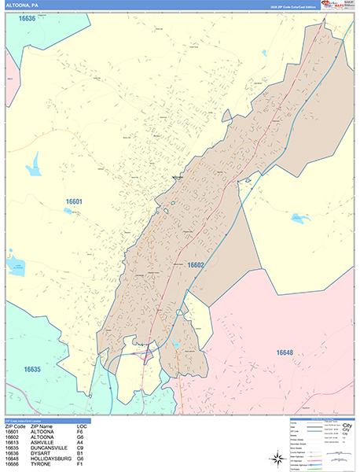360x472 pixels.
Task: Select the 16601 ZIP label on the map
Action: coord(74,201)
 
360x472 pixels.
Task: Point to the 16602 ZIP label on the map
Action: coord(196,265)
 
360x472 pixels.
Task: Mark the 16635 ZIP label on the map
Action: coord(32,368)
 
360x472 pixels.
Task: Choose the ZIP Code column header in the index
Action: coord(15,426)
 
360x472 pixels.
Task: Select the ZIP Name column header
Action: coord(44,426)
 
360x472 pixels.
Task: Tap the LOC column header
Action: coord(81,426)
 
